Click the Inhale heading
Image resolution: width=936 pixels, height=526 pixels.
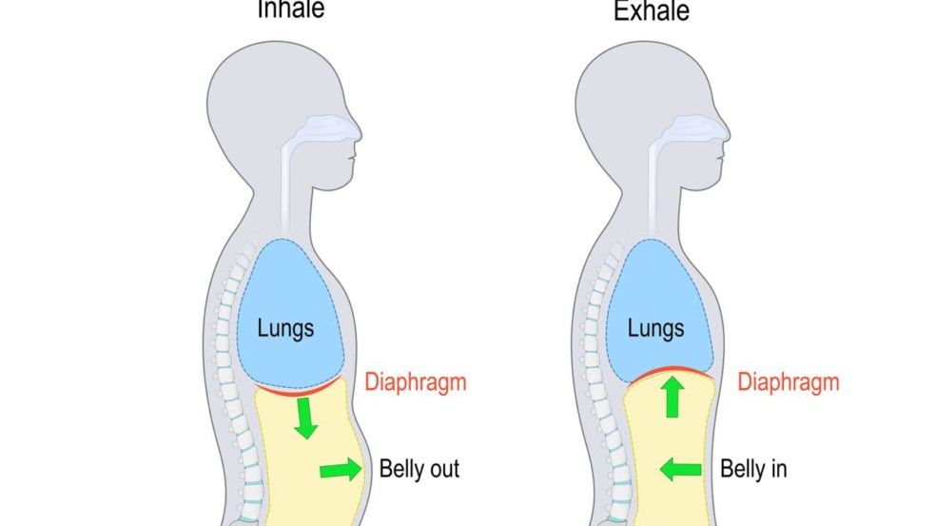291,10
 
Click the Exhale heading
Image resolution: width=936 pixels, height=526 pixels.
652,10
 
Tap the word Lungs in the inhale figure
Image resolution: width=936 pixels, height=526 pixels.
285,329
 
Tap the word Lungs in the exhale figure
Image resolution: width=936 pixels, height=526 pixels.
655,329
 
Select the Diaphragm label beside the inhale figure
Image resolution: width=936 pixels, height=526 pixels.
416,383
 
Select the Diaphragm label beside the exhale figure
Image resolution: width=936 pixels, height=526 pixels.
789,383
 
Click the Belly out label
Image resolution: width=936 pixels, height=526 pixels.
419,469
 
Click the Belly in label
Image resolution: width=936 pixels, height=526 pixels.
753,469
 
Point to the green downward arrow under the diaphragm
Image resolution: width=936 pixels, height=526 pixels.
305,418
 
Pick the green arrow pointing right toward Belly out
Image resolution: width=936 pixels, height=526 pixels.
341,469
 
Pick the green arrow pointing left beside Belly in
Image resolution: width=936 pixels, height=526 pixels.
680,469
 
